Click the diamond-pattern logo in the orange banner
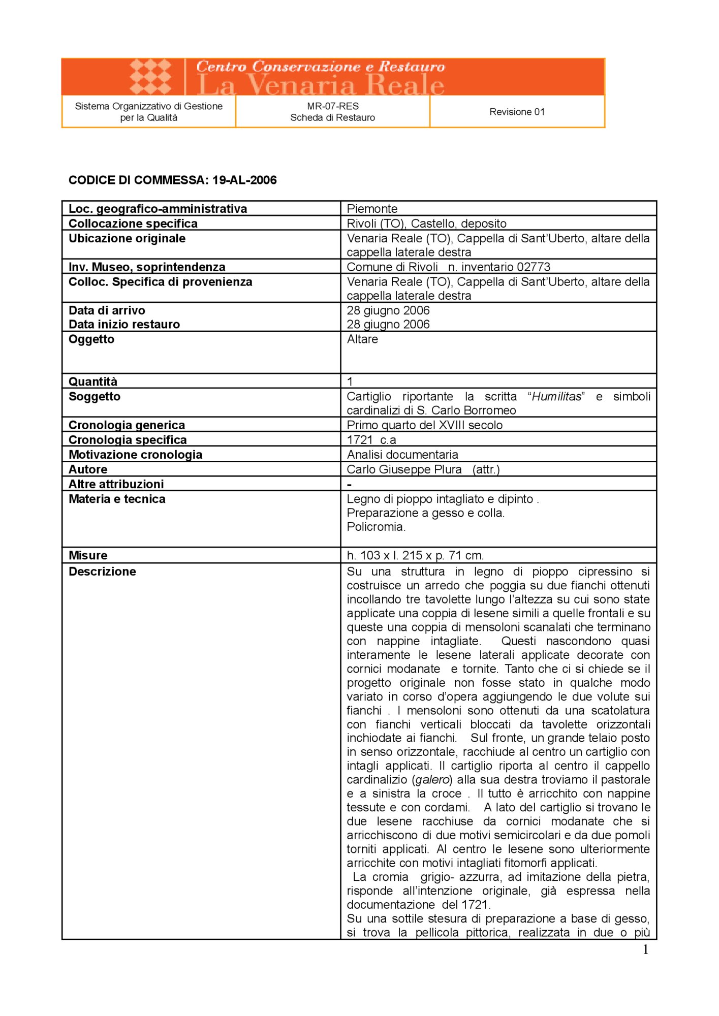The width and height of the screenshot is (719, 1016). coord(150,77)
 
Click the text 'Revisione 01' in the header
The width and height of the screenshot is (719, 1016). coord(517,112)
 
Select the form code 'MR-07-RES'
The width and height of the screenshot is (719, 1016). coord(333,106)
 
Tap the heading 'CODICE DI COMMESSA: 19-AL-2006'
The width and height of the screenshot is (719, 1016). coord(173,180)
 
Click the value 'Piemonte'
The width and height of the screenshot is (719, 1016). coord(372,209)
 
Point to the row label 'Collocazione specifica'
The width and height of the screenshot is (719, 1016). coord(133,224)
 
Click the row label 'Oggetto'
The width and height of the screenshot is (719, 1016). coord(91,339)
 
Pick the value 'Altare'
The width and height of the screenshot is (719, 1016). coord(362,339)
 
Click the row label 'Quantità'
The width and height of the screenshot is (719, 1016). coord(93,382)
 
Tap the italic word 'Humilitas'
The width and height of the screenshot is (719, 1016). coord(556,397)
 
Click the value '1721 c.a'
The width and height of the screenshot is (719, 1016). coord(371,440)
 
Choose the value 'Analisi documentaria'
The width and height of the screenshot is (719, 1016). coord(402,455)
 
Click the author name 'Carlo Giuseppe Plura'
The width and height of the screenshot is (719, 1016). coord(404,469)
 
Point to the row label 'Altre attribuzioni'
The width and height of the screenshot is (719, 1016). coord(116,484)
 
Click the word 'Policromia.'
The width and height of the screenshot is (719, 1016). coord(376,527)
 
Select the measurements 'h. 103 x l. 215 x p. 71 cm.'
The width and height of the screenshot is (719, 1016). coord(415,555)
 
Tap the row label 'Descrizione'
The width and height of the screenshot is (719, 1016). coord(102,571)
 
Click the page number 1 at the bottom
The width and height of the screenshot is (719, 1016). coord(646,950)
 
